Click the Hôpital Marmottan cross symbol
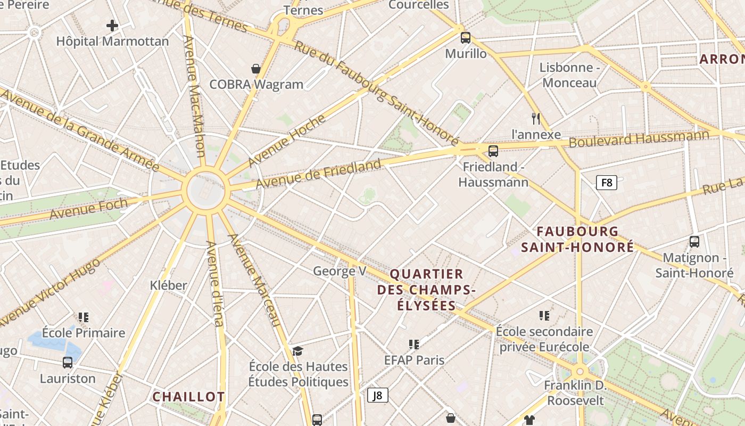112,25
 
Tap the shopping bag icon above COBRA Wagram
256,69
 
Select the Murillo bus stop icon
466,37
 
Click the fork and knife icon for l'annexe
536,118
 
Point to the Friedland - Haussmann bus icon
493,151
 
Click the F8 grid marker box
606,183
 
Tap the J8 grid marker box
377,395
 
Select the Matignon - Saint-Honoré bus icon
694,242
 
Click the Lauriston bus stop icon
68,363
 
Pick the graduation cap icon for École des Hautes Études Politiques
297,351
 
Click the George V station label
340,271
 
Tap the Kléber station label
168,285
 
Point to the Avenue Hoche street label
286,141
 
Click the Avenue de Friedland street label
318,174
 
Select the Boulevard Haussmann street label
639,139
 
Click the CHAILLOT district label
188,397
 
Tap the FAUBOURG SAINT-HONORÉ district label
577,239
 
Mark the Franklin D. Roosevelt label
575,392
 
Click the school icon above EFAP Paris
414,345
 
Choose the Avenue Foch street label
89,208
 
